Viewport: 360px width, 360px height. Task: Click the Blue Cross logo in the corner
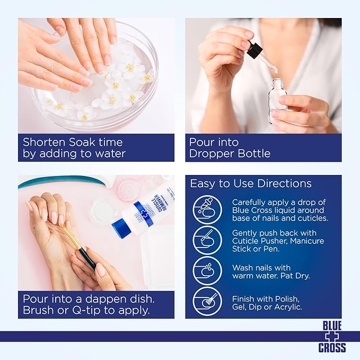point(332,337)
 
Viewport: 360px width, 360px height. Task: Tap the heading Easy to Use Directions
point(251,184)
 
